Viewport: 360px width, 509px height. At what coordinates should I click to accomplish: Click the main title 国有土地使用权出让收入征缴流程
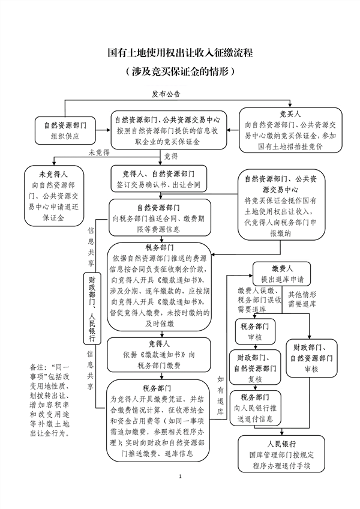pyautogui.click(x=180, y=53)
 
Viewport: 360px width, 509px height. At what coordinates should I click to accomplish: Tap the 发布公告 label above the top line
pyautogui.click(x=166, y=94)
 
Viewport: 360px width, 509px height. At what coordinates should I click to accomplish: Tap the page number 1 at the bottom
pyautogui.click(x=179, y=492)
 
